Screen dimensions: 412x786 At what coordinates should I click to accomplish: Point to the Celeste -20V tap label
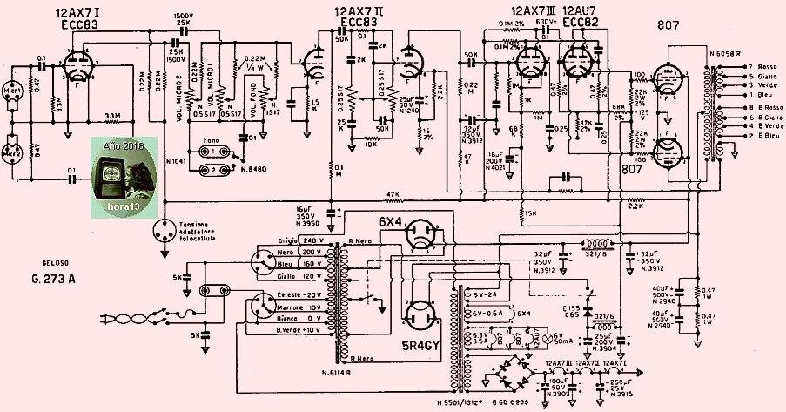[299, 294]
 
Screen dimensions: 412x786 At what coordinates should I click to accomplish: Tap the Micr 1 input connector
[13, 91]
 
